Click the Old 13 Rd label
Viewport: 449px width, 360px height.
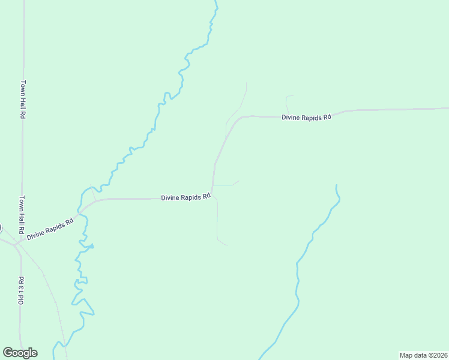[x=20, y=291]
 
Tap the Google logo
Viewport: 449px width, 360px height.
[x=20, y=353]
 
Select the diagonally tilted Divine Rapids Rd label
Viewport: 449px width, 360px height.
[x=50, y=229]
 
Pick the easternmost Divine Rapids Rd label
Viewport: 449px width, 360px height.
[x=306, y=117]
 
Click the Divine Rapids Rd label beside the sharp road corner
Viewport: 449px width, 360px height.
[x=185, y=197]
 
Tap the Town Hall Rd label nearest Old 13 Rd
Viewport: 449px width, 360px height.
[x=20, y=214]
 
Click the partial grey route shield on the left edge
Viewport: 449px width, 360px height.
[x=1, y=228]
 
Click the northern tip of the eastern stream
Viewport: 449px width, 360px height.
[x=336, y=185]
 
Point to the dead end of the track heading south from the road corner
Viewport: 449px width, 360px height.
[x=228, y=245]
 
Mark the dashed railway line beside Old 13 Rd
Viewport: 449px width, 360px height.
[x=51, y=294]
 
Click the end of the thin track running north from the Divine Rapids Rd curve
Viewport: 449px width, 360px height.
[x=246, y=83]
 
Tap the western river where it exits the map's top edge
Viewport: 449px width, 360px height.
[x=216, y=2]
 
